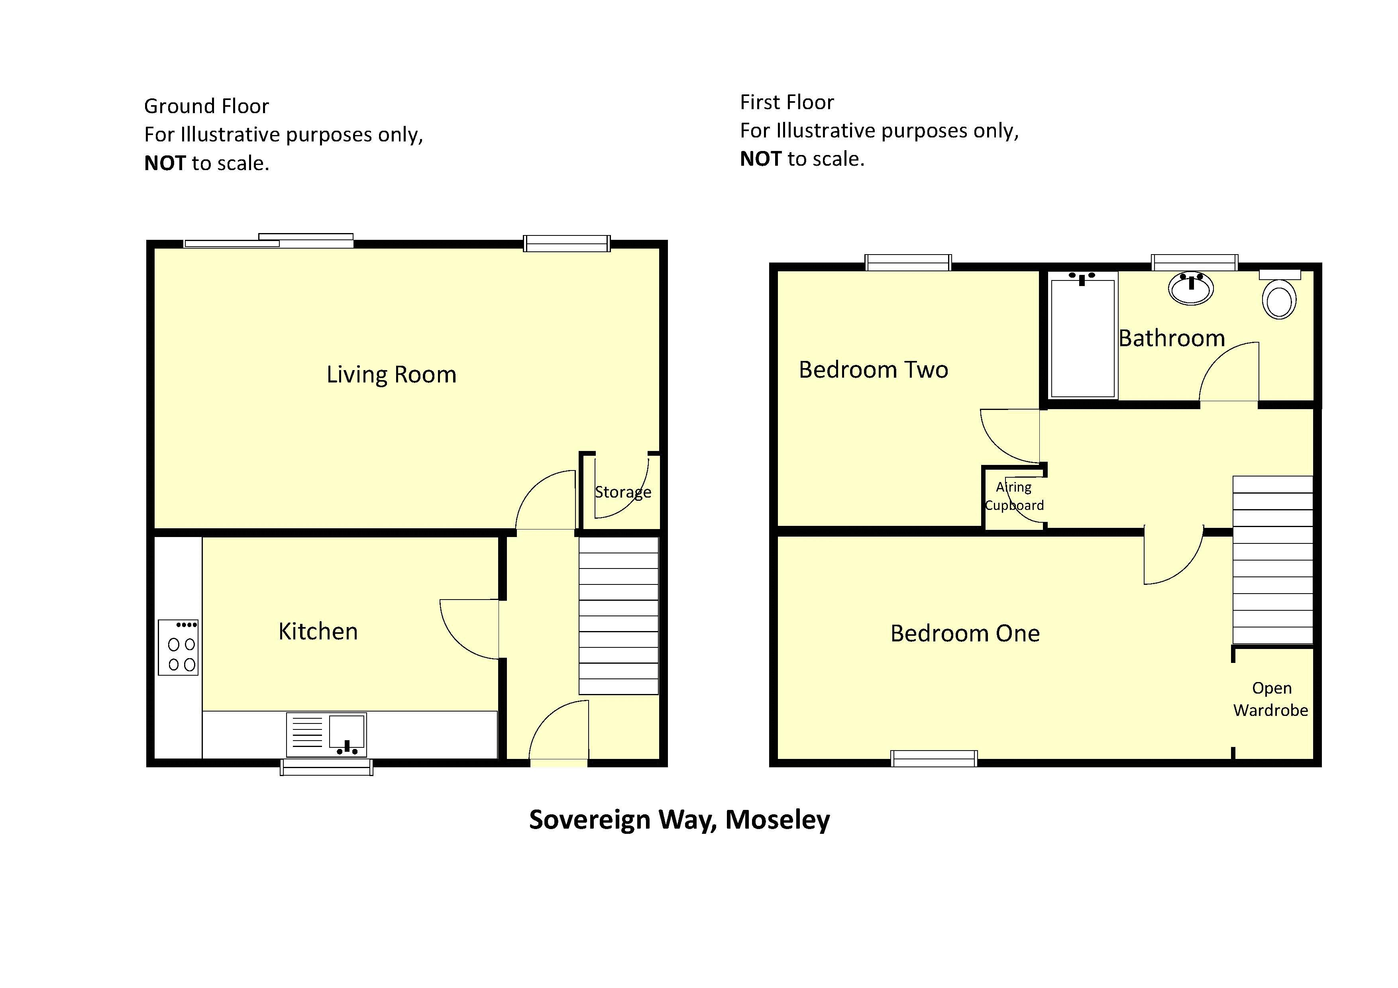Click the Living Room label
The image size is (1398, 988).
coord(391,375)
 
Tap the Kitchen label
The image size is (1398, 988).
coord(318,631)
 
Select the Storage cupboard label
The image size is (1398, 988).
coord(623,492)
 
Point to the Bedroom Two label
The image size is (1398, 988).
coord(873,370)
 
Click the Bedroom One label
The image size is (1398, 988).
coord(965,633)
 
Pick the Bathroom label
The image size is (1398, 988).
coord(1172,338)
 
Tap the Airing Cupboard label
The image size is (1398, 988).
coord(1014,496)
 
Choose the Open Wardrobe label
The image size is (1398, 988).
coord(1271,699)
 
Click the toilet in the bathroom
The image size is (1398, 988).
coord(1279,295)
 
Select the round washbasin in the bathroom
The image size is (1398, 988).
coord(1191,288)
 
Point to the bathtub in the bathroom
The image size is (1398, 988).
coord(1083,335)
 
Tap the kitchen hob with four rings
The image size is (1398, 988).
coord(179,647)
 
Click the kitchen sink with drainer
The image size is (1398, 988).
coord(326,734)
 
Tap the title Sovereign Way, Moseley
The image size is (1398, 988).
coord(679,820)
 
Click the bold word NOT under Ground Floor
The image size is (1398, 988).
coord(165,163)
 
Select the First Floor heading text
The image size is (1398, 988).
coord(787,102)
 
